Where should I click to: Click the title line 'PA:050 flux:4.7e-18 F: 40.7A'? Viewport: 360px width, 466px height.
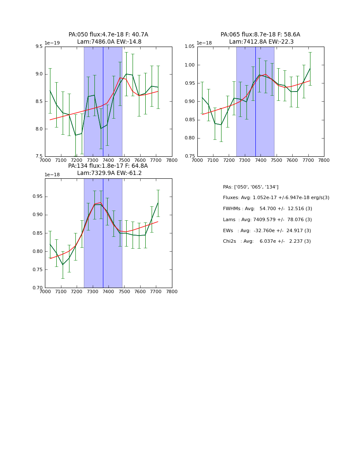click(x=108, y=35)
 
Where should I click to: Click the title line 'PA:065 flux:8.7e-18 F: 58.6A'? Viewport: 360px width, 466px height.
click(x=260, y=35)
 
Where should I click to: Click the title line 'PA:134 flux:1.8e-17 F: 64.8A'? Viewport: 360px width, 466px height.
click(x=108, y=166)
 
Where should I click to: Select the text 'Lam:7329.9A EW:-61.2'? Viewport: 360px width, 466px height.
click(x=109, y=173)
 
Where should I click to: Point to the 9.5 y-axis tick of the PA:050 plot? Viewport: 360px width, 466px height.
click(x=39, y=47)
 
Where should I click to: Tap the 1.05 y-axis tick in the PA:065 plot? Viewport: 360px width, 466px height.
click(x=189, y=47)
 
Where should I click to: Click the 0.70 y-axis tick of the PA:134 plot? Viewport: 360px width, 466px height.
click(x=37, y=288)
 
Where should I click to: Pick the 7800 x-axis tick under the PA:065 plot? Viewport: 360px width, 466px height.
click(x=324, y=160)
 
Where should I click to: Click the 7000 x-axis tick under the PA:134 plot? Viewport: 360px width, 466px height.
click(x=45, y=291)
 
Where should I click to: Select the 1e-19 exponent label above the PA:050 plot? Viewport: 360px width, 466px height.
click(x=52, y=43)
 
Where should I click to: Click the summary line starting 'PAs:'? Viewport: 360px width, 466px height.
click(x=251, y=187)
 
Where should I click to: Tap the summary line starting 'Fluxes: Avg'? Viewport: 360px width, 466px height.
click(x=276, y=198)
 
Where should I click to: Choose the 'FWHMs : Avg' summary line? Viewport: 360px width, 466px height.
click(x=267, y=209)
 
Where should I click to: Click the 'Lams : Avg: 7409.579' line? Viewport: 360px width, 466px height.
click(x=267, y=220)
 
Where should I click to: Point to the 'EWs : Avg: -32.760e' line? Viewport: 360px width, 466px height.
click(x=267, y=230)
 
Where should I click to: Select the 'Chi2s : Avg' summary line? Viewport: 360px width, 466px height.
click(x=267, y=241)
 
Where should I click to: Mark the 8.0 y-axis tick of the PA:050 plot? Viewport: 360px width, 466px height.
click(x=39, y=129)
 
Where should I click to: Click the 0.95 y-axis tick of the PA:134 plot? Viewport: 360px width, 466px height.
click(x=37, y=197)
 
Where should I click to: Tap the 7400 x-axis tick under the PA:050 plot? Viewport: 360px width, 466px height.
click(x=108, y=160)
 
